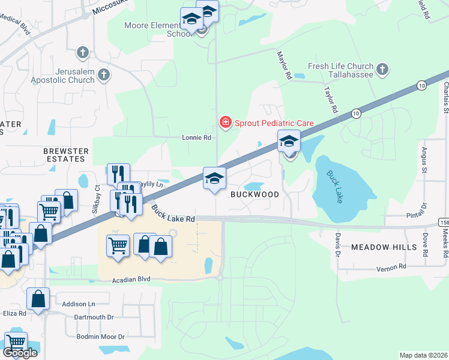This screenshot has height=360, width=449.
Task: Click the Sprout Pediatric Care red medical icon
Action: pos(225,123)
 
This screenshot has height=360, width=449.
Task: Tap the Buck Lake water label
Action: pos(335,187)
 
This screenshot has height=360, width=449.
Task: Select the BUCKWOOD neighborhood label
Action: pos(255,194)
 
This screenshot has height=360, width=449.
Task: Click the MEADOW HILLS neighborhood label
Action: pos(384,247)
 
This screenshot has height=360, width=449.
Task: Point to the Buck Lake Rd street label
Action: pos(173,214)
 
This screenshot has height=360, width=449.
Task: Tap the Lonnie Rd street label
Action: pos(197,137)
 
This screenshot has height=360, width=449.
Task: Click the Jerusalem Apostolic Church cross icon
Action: pos(104,75)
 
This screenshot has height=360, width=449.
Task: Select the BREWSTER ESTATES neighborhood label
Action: pos(66,155)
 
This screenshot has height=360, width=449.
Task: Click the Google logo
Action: pos(20,353)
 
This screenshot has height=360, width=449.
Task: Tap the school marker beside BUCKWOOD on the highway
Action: pos(214,179)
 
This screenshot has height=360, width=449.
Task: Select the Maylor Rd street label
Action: pos(284,66)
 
